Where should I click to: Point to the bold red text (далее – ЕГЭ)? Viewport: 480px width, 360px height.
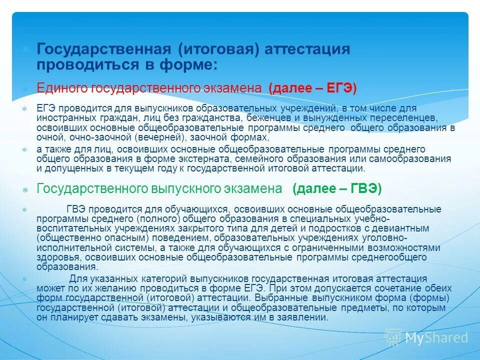312,88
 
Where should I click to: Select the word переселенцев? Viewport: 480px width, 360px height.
405,118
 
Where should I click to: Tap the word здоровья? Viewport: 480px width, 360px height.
57,257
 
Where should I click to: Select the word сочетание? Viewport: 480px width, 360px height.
391,288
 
